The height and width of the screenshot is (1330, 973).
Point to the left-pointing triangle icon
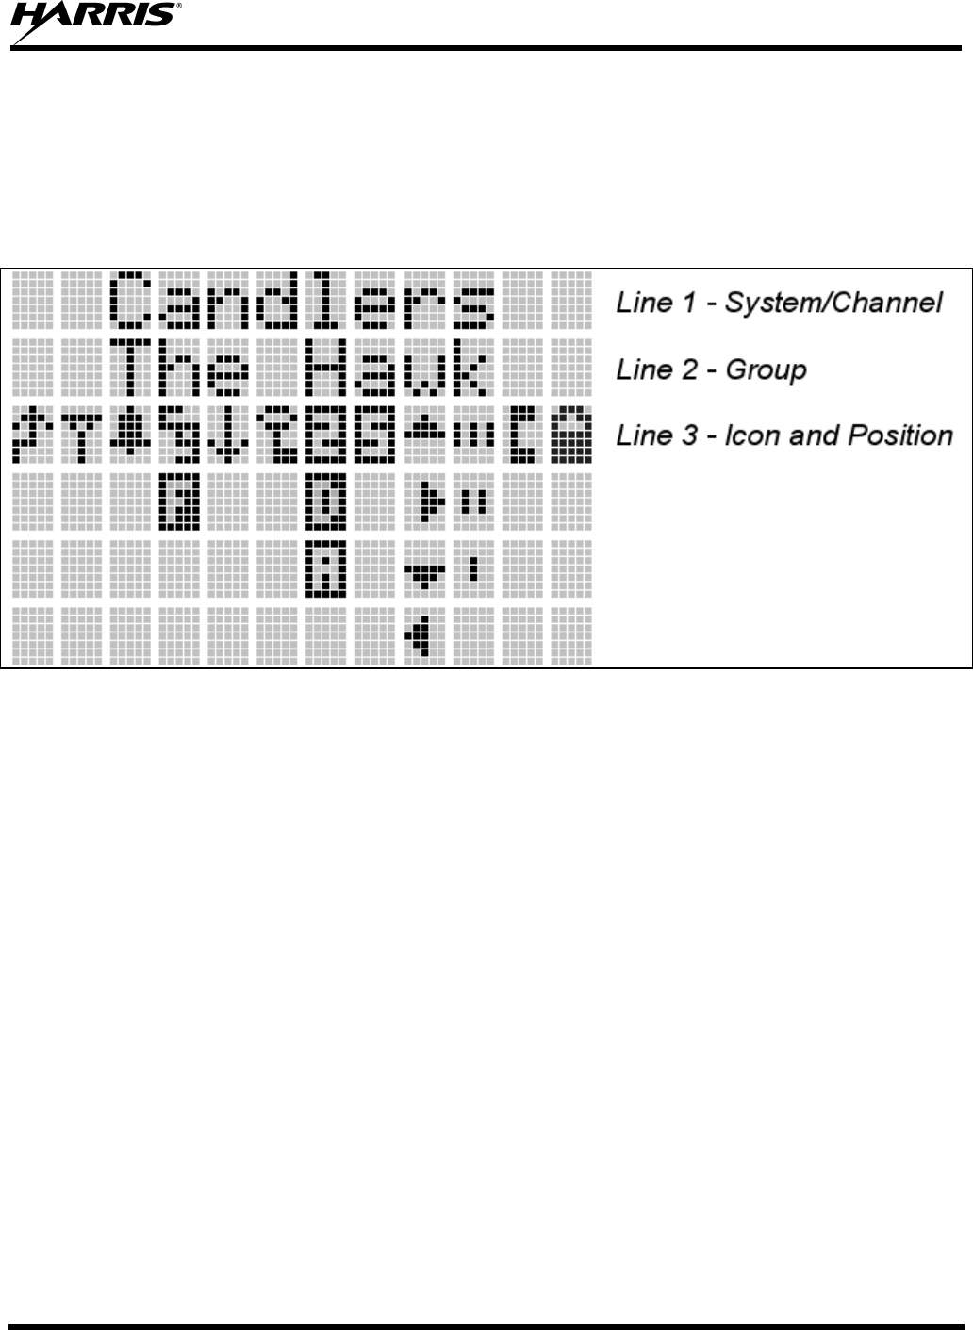[x=420, y=634]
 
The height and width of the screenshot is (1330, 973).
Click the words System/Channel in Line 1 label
[x=833, y=303]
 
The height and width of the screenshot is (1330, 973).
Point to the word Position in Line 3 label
[x=900, y=435]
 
